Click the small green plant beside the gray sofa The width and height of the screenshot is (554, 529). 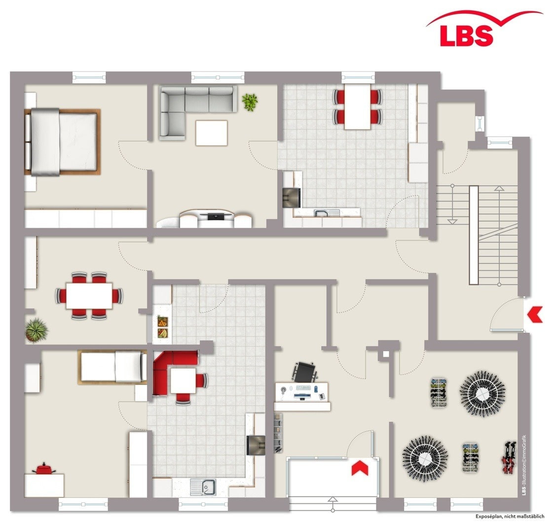(250, 102)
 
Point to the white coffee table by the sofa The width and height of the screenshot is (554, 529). (211, 133)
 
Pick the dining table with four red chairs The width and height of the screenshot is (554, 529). (358, 106)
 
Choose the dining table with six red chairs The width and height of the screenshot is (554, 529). (89, 295)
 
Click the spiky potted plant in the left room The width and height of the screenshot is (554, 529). (37, 330)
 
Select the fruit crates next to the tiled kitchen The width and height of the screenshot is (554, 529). (162, 327)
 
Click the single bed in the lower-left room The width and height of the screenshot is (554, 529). (113, 367)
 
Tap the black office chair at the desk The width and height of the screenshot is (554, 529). (304, 371)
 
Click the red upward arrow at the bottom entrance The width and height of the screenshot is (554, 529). (360, 468)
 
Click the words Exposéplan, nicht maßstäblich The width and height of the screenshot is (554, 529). (510, 516)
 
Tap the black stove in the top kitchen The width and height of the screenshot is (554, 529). (291, 197)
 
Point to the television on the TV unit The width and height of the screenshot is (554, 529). (216, 215)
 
